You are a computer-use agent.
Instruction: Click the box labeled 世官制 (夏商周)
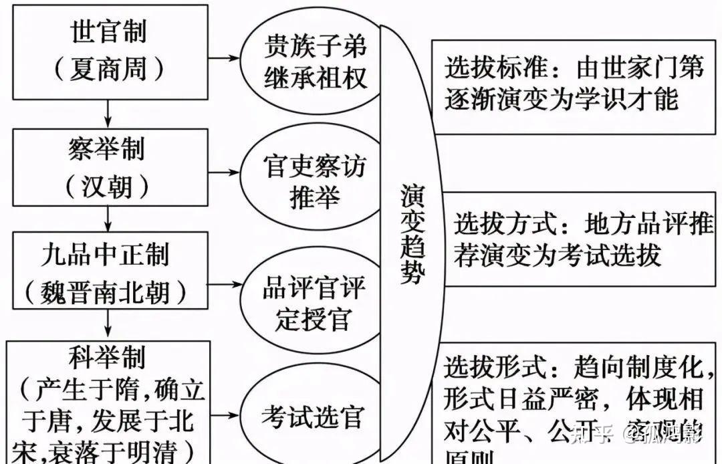click(108, 50)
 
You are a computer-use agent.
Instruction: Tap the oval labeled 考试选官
click(312, 417)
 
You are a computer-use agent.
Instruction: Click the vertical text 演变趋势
click(412, 234)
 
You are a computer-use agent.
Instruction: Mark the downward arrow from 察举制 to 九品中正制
click(108, 218)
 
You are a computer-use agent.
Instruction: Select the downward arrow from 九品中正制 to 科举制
click(108, 326)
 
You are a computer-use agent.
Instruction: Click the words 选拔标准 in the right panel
click(492, 68)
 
